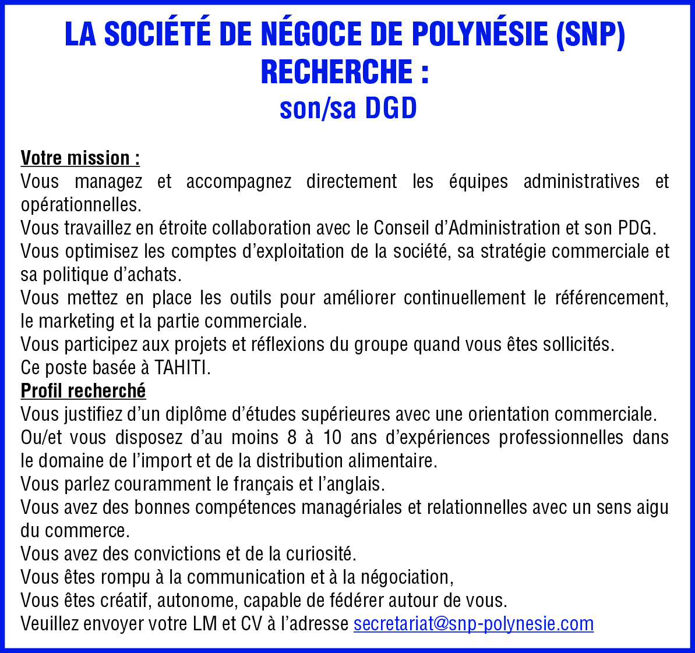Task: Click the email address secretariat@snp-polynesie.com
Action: point(473,624)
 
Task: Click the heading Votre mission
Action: point(80,158)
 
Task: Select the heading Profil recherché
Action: point(83,391)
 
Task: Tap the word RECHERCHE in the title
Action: point(337,72)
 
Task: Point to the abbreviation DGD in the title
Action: point(391,109)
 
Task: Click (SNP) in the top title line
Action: point(590,36)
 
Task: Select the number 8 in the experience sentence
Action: point(292,438)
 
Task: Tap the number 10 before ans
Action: point(332,438)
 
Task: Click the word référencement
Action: point(609,298)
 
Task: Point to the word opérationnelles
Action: point(80,205)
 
